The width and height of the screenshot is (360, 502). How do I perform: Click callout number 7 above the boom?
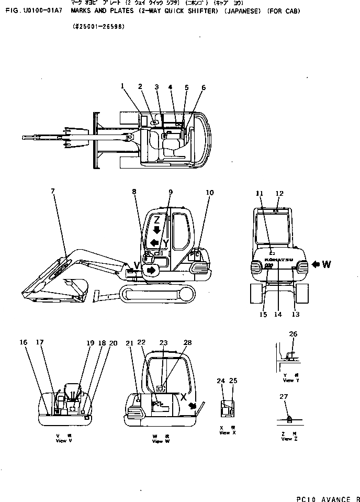coord(52,192)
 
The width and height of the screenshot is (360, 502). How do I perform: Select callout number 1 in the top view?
coord(122,86)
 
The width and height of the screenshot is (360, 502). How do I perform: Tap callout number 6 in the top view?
coord(204,87)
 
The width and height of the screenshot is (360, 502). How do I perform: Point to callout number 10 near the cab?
coord(209,193)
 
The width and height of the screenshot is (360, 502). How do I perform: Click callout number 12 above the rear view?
coord(279,194)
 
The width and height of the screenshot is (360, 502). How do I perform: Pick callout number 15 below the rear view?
coord(263,315)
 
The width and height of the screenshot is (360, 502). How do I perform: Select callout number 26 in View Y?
coord(293,334)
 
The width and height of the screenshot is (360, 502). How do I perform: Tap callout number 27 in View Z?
coord(284,397)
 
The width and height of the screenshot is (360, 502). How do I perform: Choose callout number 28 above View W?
coord(188,342)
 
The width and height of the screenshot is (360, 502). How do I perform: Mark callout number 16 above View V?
coord(24,342)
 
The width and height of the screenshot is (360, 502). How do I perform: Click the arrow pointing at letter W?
coord(316,264)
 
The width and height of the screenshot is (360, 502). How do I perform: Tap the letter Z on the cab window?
coord(156,220)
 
